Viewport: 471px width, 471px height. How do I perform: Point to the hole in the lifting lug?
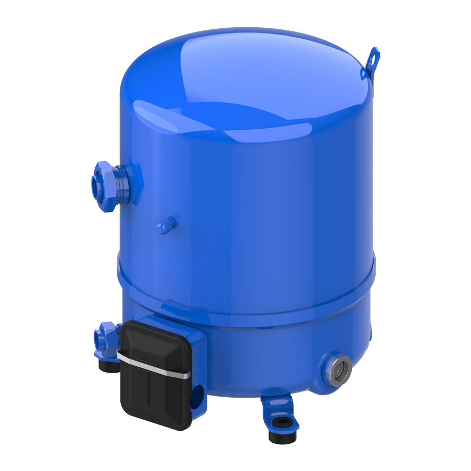pos(374,54)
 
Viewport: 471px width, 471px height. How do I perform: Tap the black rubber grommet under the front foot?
pos(282,435)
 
